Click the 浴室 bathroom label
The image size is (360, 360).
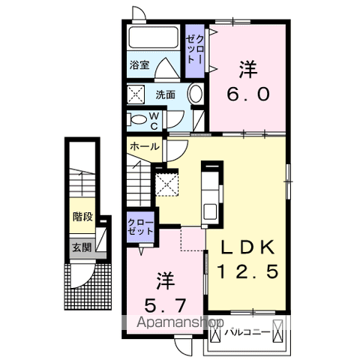pos(138,64)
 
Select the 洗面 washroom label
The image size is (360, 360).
pos(166,95)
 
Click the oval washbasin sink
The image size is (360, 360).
pos(193,95)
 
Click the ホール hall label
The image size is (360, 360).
pos(145,147)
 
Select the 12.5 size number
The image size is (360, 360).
pos(247,271)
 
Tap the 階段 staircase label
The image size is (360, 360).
pos(82,217)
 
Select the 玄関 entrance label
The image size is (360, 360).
pos(82,246)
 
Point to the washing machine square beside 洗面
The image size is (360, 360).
pos(136,94)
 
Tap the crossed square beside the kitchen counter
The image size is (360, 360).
pos(167,184)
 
